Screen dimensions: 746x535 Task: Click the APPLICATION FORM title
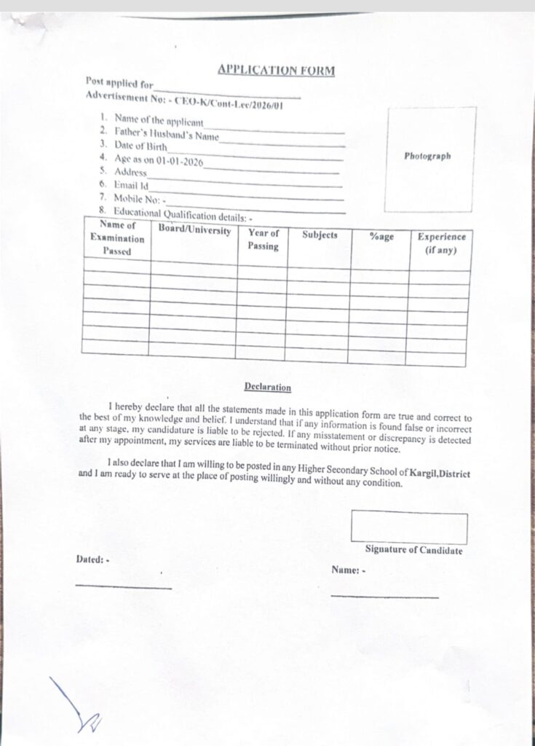coord(276,71)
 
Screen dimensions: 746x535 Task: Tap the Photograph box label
coord(427,156)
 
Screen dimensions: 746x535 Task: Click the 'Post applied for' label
coord(119,84)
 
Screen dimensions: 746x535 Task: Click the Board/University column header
coord(194,231)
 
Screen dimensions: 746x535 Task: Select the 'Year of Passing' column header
coord(263,240)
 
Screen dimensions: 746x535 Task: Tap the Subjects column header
coord(320,235)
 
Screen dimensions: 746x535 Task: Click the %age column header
coord(381,237)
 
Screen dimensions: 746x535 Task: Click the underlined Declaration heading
coord(268,388)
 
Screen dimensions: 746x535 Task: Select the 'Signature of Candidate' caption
coord(413,550)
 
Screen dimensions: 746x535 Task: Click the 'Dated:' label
coord(92,559)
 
